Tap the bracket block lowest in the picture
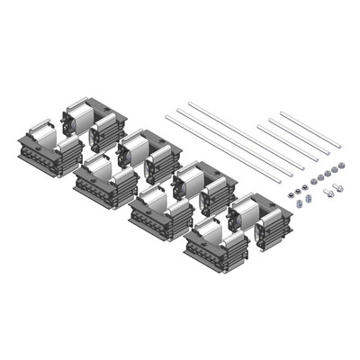click(x=216, y=248)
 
